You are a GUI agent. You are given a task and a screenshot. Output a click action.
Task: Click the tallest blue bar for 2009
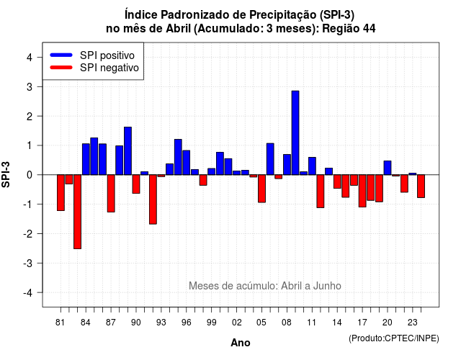pyautogui.click(x=295, y=132)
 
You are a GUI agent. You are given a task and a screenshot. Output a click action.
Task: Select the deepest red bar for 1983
pyautogui.click(x=77, y=212)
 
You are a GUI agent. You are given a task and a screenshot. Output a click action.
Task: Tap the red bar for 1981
pyautogui.click(x=61, y=193)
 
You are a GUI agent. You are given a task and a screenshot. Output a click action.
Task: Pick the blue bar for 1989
pyautogui.click(x=127, y=151)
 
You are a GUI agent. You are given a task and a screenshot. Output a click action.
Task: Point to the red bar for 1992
pyautogui.click(x=153, y=199)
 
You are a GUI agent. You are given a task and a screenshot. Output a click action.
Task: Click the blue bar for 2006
pyautogui.click(x=270, y=159)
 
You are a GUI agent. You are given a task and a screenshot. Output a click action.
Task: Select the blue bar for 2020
pyautogui.click(x=388, y=168)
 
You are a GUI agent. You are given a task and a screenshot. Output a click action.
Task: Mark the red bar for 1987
pyautogui.click(x=111, y=194)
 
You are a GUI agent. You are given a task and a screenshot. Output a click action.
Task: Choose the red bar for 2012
pyautogui.click(x=321, y=192)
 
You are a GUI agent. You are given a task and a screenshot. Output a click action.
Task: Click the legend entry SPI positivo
pyautogui.click(x=107, y=55)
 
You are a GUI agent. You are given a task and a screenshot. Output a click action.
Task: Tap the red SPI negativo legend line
pyautogui.click(x=61, y=68)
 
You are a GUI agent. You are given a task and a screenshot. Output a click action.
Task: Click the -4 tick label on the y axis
pyautogui.click(x=29, y=293)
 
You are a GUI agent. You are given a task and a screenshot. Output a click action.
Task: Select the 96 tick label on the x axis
pyautogui.click(x=186, y=323)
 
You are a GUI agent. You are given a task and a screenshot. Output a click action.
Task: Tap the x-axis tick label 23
pyautogui.click(x=413, y=323)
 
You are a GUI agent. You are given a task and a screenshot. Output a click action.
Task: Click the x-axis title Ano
pyautogui.click(x=241, y=343)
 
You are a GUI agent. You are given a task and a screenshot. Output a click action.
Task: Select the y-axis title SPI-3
pyautogui.click(x=6, y=174)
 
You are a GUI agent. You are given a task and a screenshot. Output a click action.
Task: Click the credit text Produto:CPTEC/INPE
pyautogui.click(x=394, y=338)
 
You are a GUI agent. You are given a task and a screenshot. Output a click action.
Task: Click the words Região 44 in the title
pyautogui.click(x=349, y=29)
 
